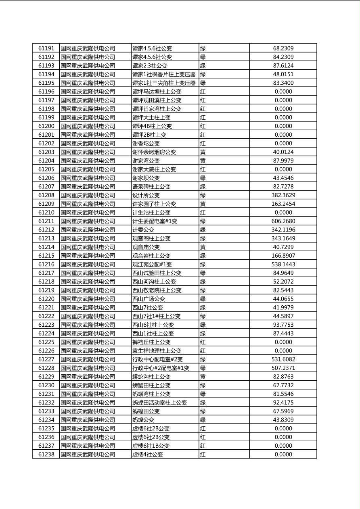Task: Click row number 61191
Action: click(x=46, y=48)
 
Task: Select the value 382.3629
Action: click(x=283, y=195)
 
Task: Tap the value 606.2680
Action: click(x=283, y=221)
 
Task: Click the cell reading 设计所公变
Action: click(x=146, y=195)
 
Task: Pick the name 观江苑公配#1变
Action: click(x=152, y=264)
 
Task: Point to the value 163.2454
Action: click(x=283, y=204)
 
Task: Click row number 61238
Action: click(x=46, y=454)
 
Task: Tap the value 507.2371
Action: click(x=283, y=368)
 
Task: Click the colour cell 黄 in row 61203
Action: click(x=203, y=152)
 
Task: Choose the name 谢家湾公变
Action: click(x=146, y=161)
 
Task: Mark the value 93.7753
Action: click(x=283, y=325)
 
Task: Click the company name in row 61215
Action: click(x=88, y=256)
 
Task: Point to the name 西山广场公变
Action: click(x=149, y=299)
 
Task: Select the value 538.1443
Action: click(x=283, y=264)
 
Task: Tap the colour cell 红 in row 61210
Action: click(x=203, y=213)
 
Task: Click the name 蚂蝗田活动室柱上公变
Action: click(x=160, y=403)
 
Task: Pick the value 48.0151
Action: click(x=283, y=74)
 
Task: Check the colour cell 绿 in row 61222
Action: click(x=203, y=316)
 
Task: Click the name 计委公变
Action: click(x=143, y=230)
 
